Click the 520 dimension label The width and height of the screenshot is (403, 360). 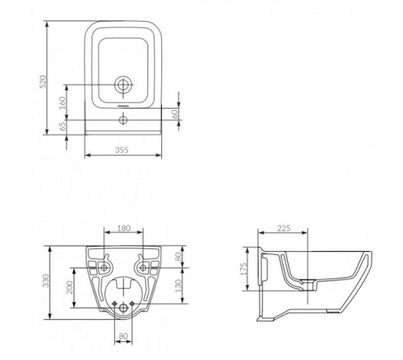[x=43, y=81]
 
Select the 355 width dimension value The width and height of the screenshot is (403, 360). [x=122, y=150]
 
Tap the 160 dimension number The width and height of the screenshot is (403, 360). [x=63, y=102]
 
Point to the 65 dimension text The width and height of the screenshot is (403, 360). [x=63, y=126]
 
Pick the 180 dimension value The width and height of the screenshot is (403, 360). [x=124, y=228]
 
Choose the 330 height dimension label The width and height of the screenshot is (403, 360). [x=45, y=281]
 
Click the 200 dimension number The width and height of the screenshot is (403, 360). [x=70, y=287]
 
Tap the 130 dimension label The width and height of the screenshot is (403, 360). [x=178, y=285]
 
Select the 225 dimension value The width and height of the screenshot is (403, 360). [x=284, y=228]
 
